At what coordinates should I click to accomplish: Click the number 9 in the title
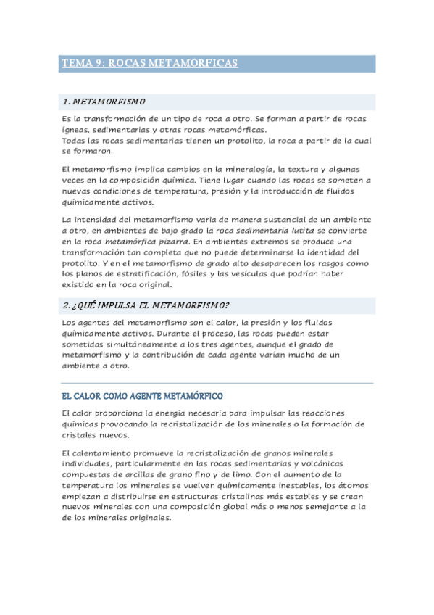click(96, 64)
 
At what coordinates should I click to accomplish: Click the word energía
click(168, 413)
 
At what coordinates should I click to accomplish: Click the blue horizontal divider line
click(217, 383)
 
